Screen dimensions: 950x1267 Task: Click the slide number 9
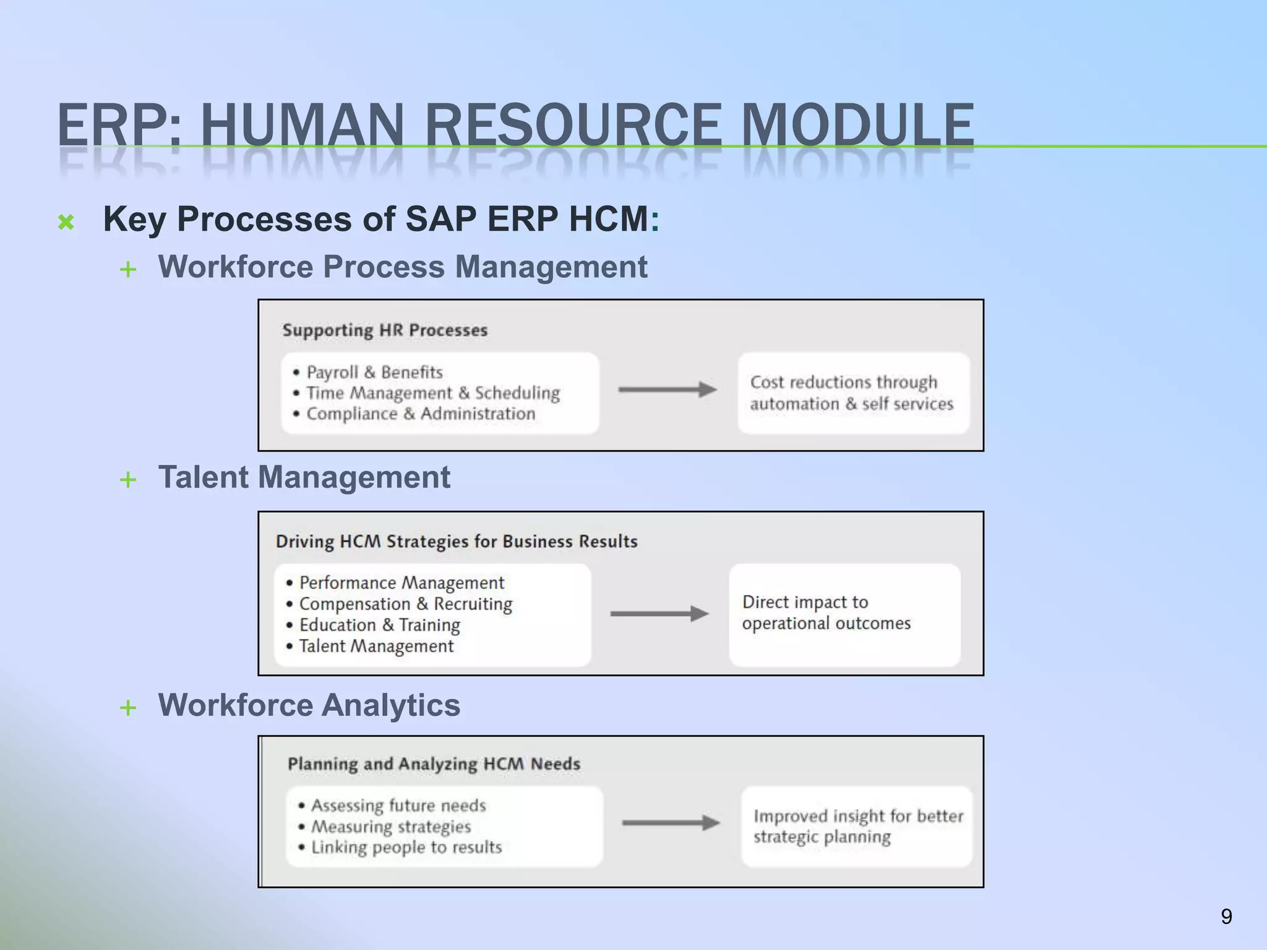click(x=1226, y=916)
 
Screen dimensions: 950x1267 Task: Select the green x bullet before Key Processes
click(x=66, y=222)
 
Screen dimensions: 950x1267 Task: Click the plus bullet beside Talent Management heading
click(x=128, y=479)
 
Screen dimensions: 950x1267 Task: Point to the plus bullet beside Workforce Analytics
click(x=128, y=707)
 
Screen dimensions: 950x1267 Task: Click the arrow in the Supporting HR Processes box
click(x=667, y=390)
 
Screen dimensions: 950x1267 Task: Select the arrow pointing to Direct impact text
click(x=659, y=614)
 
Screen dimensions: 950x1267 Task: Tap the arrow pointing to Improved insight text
click(x=671, y=823)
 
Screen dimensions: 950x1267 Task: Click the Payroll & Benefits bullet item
click(x=374, y=372)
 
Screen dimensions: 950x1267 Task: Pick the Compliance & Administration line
click(x=421, y=414)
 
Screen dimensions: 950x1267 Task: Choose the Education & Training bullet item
click(x=379, y=625)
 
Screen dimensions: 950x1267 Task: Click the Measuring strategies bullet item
click(x=390, y=826)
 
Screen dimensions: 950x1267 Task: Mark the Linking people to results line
click(x=406, y=847)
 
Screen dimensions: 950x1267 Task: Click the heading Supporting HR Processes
click(x=385, y=330)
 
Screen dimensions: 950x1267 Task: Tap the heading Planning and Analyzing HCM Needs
click(x=434, y=764)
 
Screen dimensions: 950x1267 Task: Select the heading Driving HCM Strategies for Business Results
click(x=457, y=542)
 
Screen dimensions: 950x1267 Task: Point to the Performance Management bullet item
click(x=402, y=583)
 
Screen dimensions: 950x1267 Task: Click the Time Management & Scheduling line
click(x=433, y=393)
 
